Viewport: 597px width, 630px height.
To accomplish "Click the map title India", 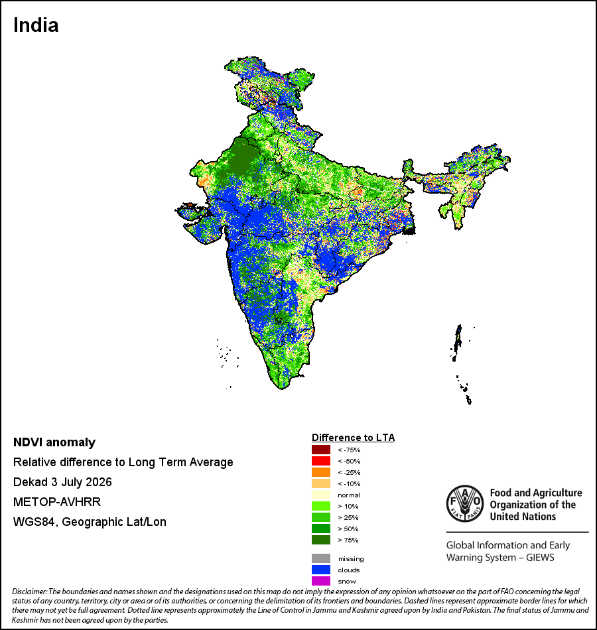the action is pos(36,25).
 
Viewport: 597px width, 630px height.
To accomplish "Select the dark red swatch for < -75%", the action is pos(321,450).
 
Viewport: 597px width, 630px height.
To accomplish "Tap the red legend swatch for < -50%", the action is pos(321,461).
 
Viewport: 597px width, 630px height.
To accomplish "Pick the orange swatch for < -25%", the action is pos(321,472).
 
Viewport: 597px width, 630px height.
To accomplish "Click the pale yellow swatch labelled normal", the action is pos(321,495).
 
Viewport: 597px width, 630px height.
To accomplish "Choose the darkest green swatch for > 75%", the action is pos(321,540).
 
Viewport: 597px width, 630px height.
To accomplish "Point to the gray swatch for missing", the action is pos(321,558).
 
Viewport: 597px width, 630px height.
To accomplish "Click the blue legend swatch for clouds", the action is pos(321,570).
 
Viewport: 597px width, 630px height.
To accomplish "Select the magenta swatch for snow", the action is pos(321,581).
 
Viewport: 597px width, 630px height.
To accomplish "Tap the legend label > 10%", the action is pos(348,506).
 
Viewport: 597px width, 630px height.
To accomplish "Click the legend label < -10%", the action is pos(349,483).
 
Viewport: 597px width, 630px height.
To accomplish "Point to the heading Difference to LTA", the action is pos(353,438).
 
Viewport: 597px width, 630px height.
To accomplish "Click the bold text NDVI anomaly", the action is pos(54,442).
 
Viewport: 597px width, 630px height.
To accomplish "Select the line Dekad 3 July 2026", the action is pos(62,482).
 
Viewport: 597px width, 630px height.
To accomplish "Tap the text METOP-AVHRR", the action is pos(57,502).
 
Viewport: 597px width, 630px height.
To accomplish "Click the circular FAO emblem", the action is pos(465,504).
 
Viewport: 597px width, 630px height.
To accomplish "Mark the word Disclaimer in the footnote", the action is pos(30,592).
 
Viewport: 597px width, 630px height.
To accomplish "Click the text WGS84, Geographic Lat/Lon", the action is pos(90,522).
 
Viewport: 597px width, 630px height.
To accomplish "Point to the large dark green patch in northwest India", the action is pos(239,158).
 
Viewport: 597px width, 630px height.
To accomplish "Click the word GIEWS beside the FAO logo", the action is pos(540,558).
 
